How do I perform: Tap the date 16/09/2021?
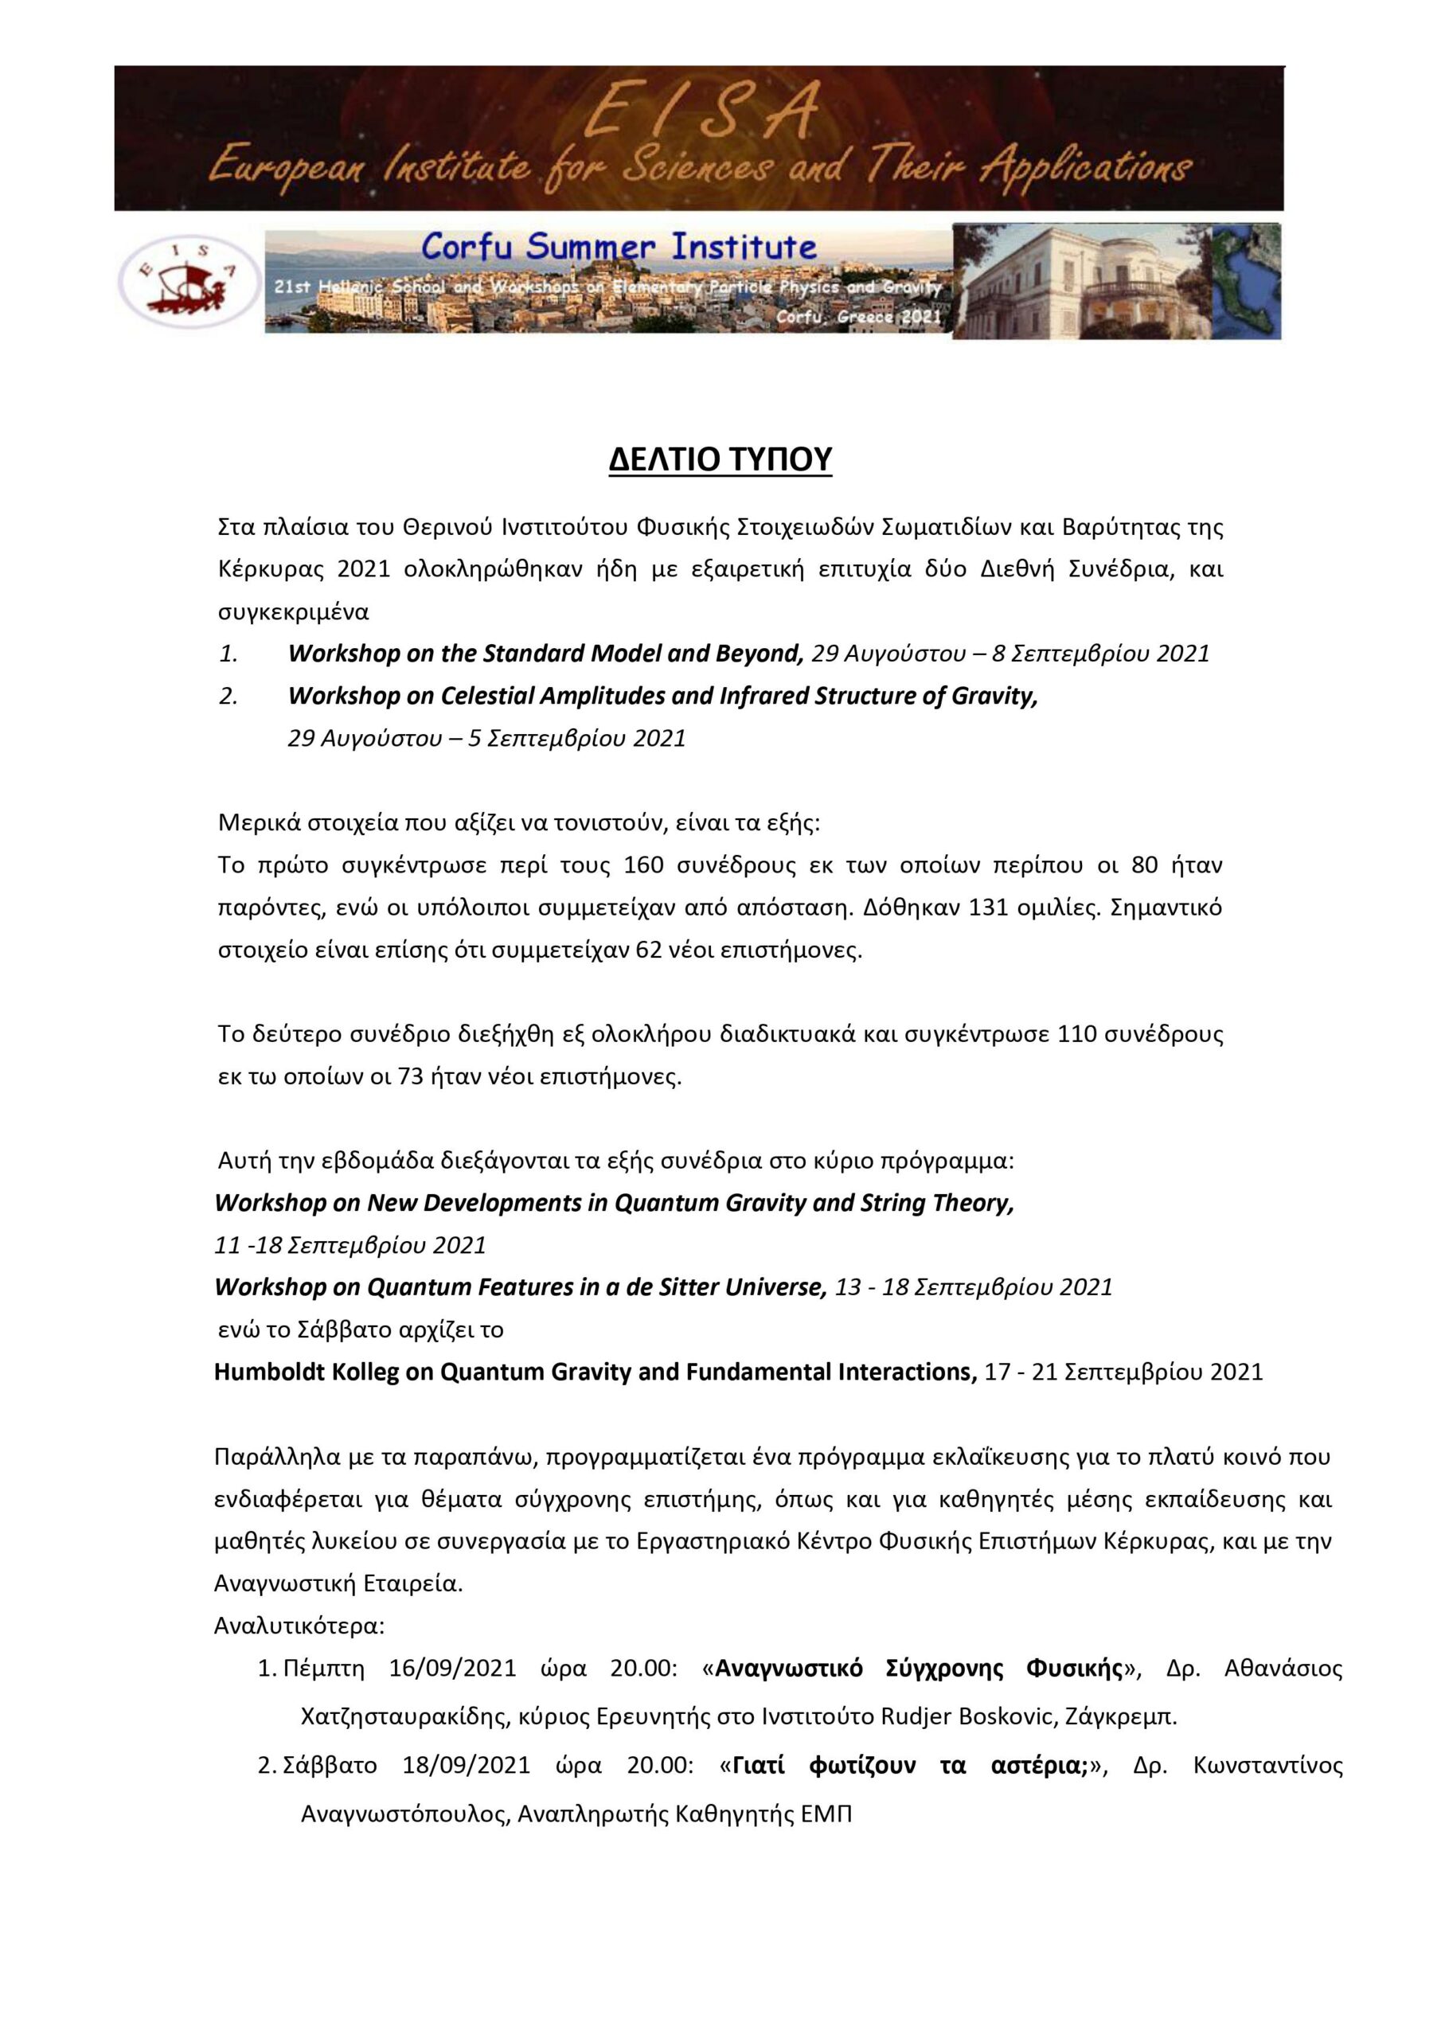(x=453, y=1668)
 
